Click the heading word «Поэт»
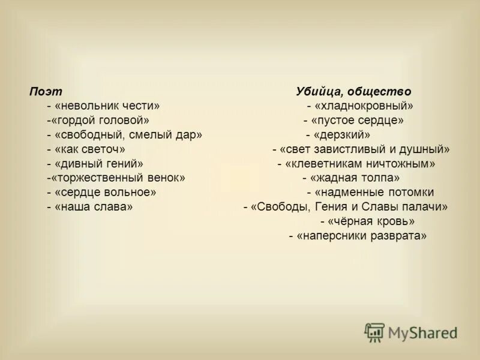(x=46, y=92)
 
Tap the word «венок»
(x=163, y=178)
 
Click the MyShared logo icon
(x=375, y=332)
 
